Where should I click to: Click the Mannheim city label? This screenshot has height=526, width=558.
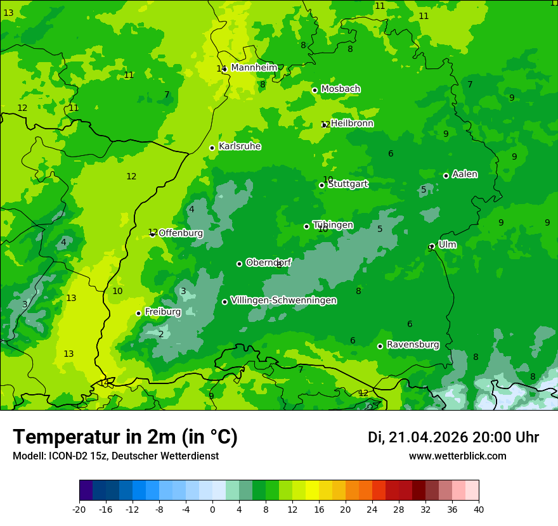coord(254,68)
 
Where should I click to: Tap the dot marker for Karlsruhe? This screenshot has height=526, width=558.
coord(212,148)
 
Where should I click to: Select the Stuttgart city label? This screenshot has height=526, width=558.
coord(348,184)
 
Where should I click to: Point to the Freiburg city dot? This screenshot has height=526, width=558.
coord(138,313)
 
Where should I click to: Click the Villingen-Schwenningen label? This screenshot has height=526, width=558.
coord(283,300)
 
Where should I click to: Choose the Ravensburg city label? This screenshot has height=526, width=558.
coord(413,345)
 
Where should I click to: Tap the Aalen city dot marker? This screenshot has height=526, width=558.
coord(446,176)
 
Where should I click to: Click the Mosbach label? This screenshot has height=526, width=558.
coord(341,89)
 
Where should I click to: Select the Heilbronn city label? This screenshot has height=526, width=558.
coord(352,124)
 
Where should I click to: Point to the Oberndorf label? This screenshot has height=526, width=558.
coord(269,262)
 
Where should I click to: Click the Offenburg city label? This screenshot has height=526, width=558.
coord(181,233)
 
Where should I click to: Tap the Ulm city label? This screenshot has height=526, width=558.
coord(447,245)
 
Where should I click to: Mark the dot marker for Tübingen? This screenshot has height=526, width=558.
coord(306,226)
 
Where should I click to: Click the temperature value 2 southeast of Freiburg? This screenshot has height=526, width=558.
coord(161,334)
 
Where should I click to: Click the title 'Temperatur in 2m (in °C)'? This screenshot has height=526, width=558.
coord(125,437)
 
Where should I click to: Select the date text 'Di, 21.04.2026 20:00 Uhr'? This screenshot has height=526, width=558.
coord(453,437)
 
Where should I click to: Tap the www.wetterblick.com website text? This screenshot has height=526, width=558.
coord(457,456)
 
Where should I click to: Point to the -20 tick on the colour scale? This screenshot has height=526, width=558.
coord(79,509)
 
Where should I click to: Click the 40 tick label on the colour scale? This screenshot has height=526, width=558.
coord(479,509)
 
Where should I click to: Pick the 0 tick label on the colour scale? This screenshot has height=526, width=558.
coord(212,509)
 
